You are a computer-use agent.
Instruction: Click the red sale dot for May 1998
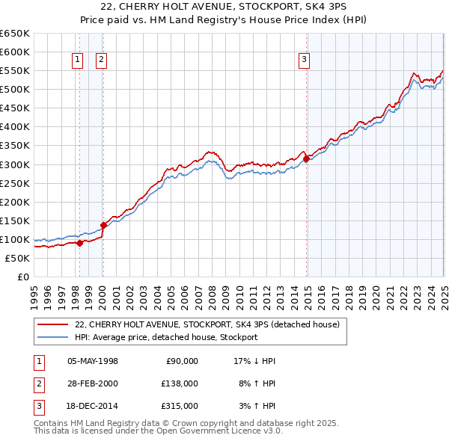pos(79,243)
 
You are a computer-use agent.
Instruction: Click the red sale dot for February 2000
pos(103,225)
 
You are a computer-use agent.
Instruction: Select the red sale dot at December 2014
pos(306,158)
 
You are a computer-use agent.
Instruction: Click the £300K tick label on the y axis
pos(15,164)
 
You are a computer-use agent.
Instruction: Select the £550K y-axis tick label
pos(15,71)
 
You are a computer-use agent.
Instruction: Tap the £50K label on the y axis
pos(17,258)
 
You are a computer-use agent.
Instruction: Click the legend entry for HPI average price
pos(166,337)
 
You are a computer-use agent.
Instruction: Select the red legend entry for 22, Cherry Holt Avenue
pos(207,324)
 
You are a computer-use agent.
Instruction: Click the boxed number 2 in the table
pos(37,383)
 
